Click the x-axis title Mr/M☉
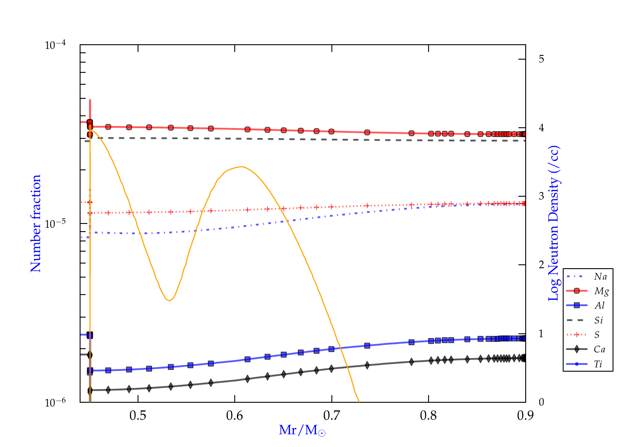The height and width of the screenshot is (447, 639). point(302,430)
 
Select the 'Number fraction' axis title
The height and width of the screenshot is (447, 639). point(36,223)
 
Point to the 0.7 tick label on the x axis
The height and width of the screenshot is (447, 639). point(331,415)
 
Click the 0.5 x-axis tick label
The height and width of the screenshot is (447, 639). point(138,415)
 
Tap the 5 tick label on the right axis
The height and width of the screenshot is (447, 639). point(541,59)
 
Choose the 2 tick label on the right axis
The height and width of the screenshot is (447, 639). point(541,265)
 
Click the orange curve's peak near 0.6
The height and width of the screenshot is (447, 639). point(242,166)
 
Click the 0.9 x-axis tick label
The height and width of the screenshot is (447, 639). point(525,415)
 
